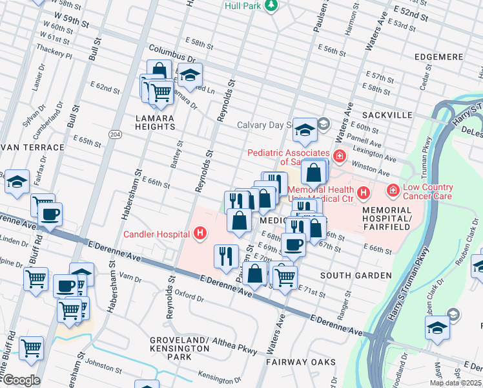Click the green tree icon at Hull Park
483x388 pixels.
click(272, 5)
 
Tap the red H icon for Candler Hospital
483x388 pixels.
click(201, 233)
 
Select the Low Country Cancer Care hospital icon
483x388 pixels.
click(392, 191)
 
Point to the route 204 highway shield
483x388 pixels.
click(115, 134)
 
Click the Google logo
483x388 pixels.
click(21, 380)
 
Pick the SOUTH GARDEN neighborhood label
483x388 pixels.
click(356, 275)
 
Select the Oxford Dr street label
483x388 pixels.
click(190, 299)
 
